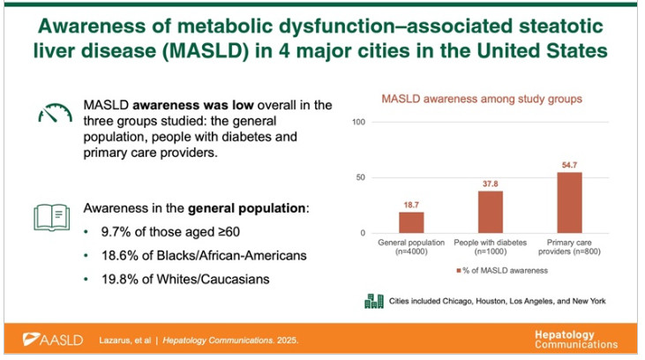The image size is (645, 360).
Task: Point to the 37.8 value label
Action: coord(490,184)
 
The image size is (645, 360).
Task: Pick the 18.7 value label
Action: coord(410,206)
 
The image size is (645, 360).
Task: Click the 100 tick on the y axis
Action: coord(358,121)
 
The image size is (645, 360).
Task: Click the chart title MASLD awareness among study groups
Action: coord(481,99)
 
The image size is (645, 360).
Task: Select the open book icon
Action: coord(51,215)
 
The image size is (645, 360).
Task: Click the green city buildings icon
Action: coord(373,301)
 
